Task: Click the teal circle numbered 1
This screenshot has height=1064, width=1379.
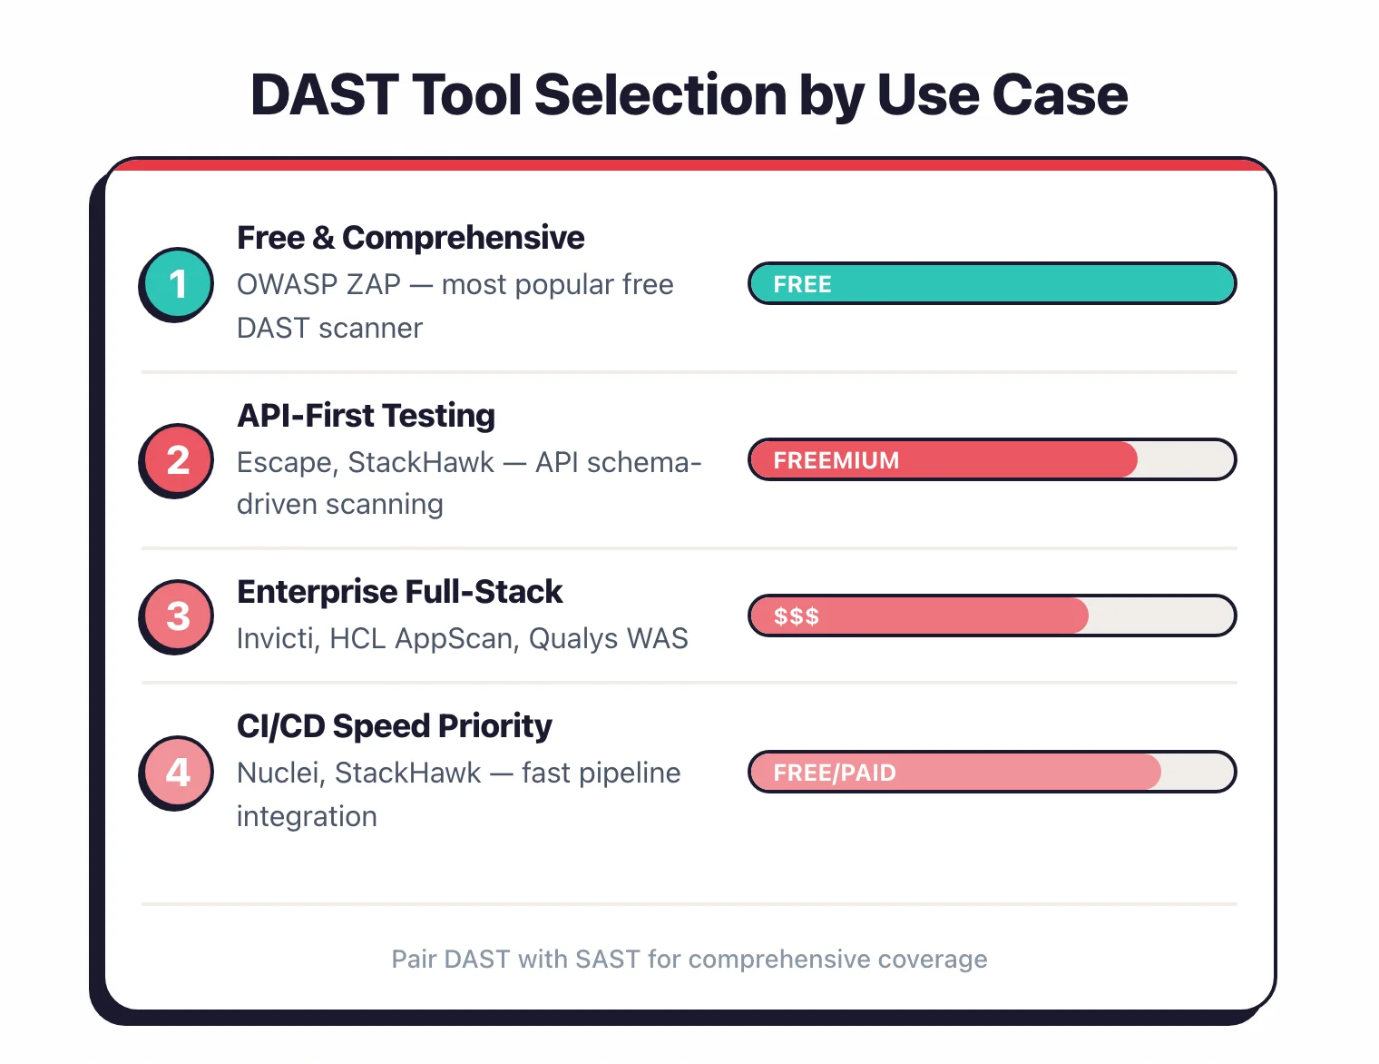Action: tap(177, 284)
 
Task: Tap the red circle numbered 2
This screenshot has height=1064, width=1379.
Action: tap(177, 460)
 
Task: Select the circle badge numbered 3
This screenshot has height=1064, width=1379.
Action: tap(177, 616)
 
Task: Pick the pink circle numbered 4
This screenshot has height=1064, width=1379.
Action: tap(177, 773)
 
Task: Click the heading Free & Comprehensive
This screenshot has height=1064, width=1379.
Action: tap(410, 238)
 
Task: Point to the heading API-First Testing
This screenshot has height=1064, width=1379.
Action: tap(366, 416)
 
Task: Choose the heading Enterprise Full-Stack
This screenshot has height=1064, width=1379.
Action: tap(399, 592)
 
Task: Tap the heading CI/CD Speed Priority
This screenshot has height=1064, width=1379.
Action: tap(394, 726)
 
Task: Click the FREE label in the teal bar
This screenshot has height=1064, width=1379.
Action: tap(802, 284)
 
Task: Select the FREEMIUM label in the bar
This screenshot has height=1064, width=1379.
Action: tap(836, 460)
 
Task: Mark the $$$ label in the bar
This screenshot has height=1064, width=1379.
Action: tap(796, 616)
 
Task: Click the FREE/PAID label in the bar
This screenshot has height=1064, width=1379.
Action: tap(834, 773)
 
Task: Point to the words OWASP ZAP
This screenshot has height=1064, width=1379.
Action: tap(318, 285)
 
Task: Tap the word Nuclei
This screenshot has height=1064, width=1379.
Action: tap(279, 773)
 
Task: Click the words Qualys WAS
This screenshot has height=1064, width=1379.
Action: tap(608, 639)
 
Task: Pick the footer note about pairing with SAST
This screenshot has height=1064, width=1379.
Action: tap(689, 960)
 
